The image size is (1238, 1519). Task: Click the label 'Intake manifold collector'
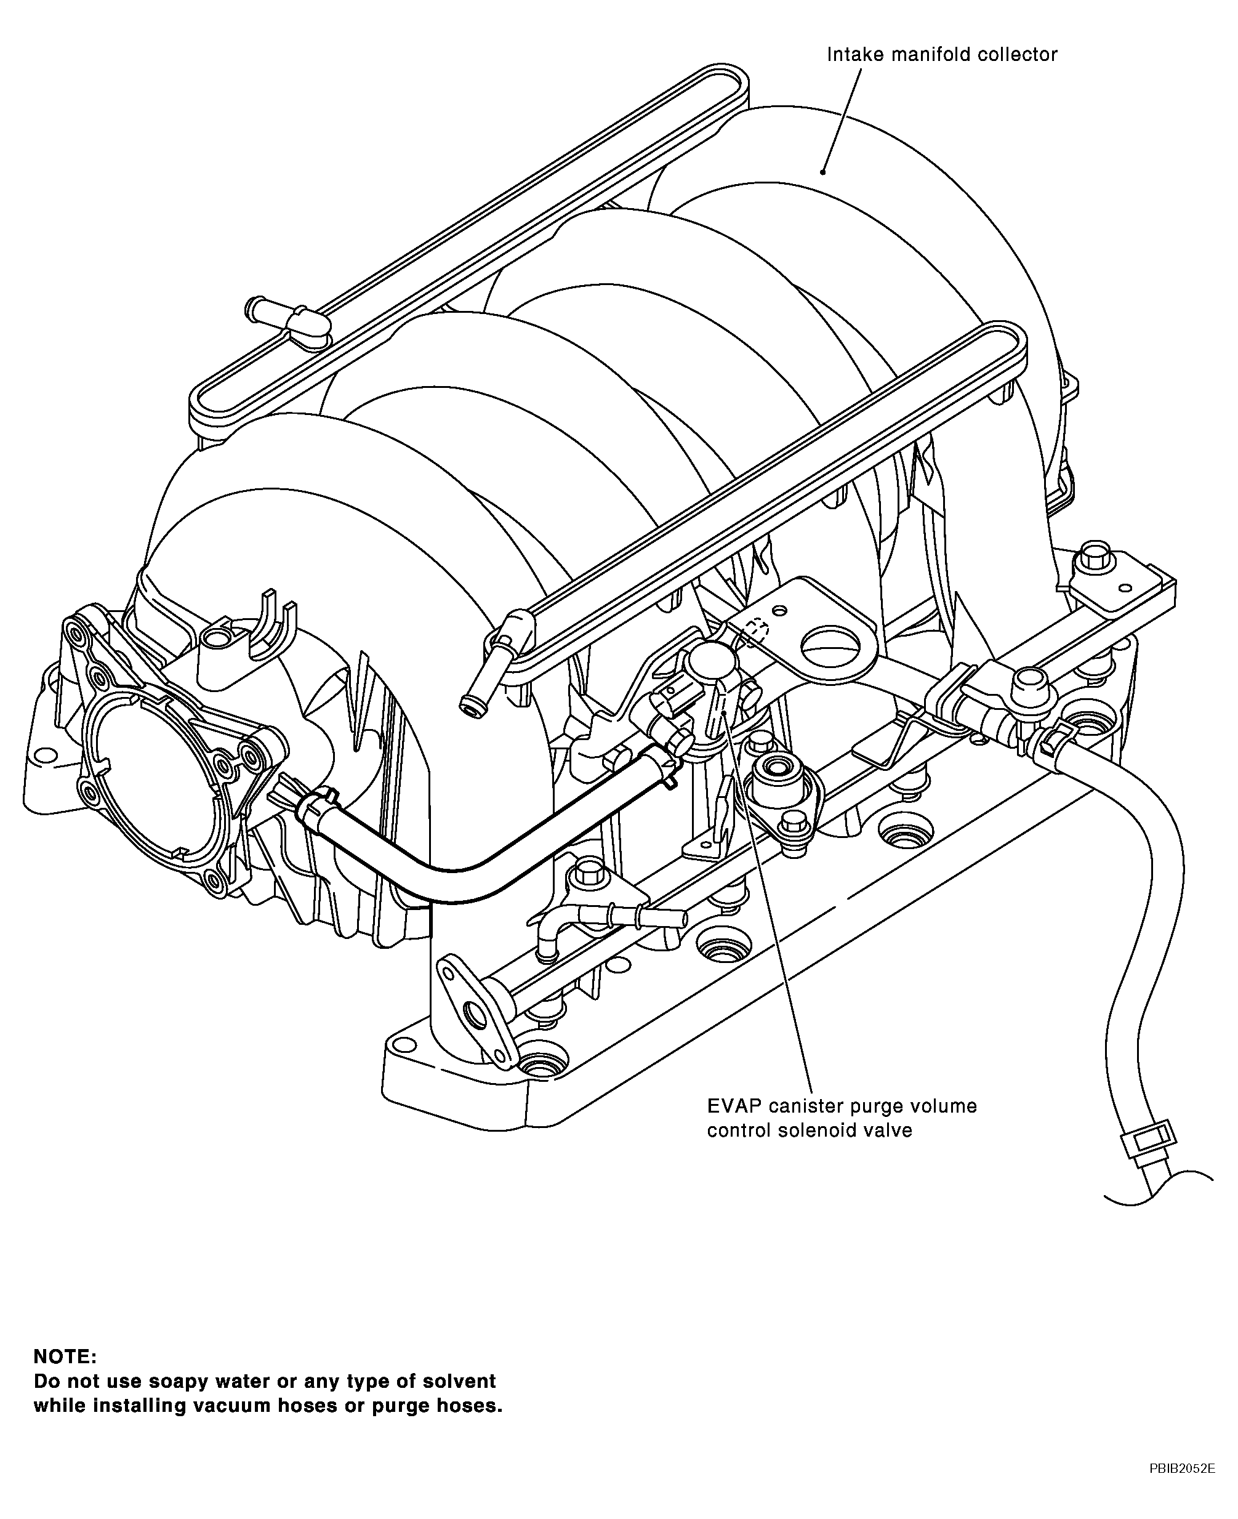(941, 55)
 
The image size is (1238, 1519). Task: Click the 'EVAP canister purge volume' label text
(842, 1106)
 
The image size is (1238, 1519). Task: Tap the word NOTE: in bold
(65, 1356)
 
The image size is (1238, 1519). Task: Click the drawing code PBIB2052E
(1181, 1483)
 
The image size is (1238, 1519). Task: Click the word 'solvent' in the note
(460, 1381)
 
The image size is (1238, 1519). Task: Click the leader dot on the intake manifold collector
(823, 171)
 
